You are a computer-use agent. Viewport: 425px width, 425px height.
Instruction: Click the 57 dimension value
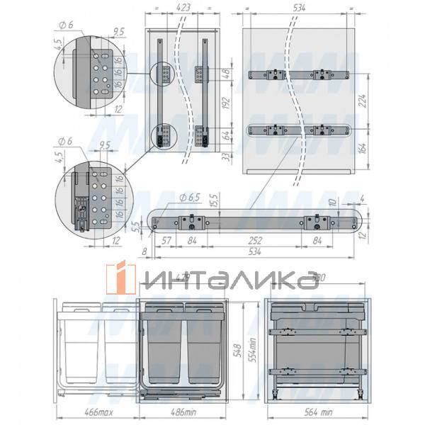coord(168,239)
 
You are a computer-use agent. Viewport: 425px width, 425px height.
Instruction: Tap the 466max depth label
coord(80,411)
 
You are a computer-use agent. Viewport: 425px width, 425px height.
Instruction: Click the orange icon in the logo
coord(120,278)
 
